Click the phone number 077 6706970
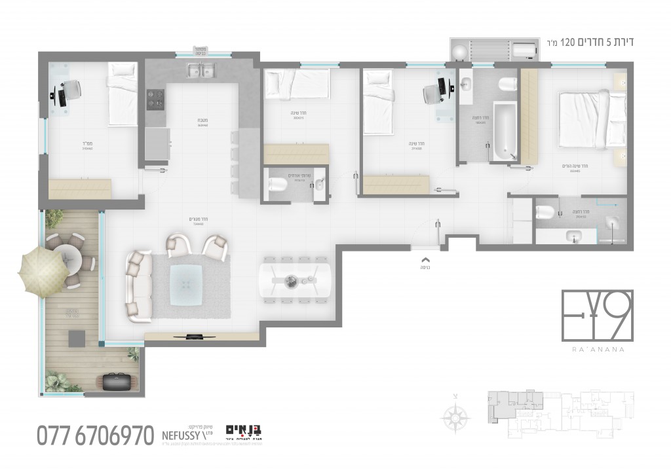coord(95,435)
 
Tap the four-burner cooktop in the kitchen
coord(155,100)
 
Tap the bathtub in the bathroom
coord(503,131)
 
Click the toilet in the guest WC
coord(276,185)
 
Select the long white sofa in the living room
coord(138,286)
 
